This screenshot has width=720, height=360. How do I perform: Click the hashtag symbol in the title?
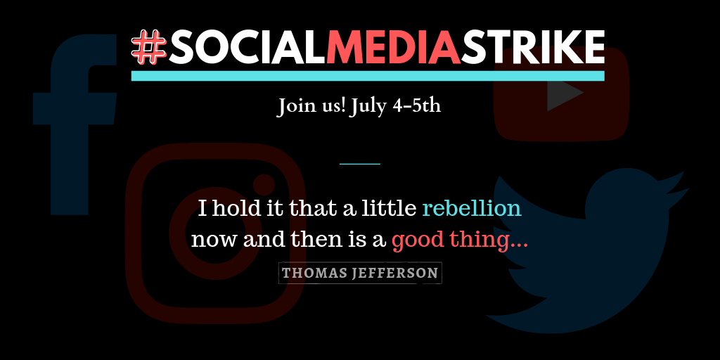(x=149, y=48)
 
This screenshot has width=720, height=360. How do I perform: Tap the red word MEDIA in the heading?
(x=394, y=48)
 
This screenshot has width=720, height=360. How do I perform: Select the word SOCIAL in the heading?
(x=247, y=48)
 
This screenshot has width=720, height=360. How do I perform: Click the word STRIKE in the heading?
(x=533, y=48)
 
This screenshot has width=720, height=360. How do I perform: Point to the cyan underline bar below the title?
(x=368, y=76)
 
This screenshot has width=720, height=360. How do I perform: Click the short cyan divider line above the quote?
(x=359, y=163)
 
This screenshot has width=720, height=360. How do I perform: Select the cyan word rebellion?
(x=472, y=208)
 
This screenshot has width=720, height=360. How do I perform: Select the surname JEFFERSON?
(x=394, y=274)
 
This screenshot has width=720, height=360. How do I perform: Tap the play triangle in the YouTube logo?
(x=565, y=93)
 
